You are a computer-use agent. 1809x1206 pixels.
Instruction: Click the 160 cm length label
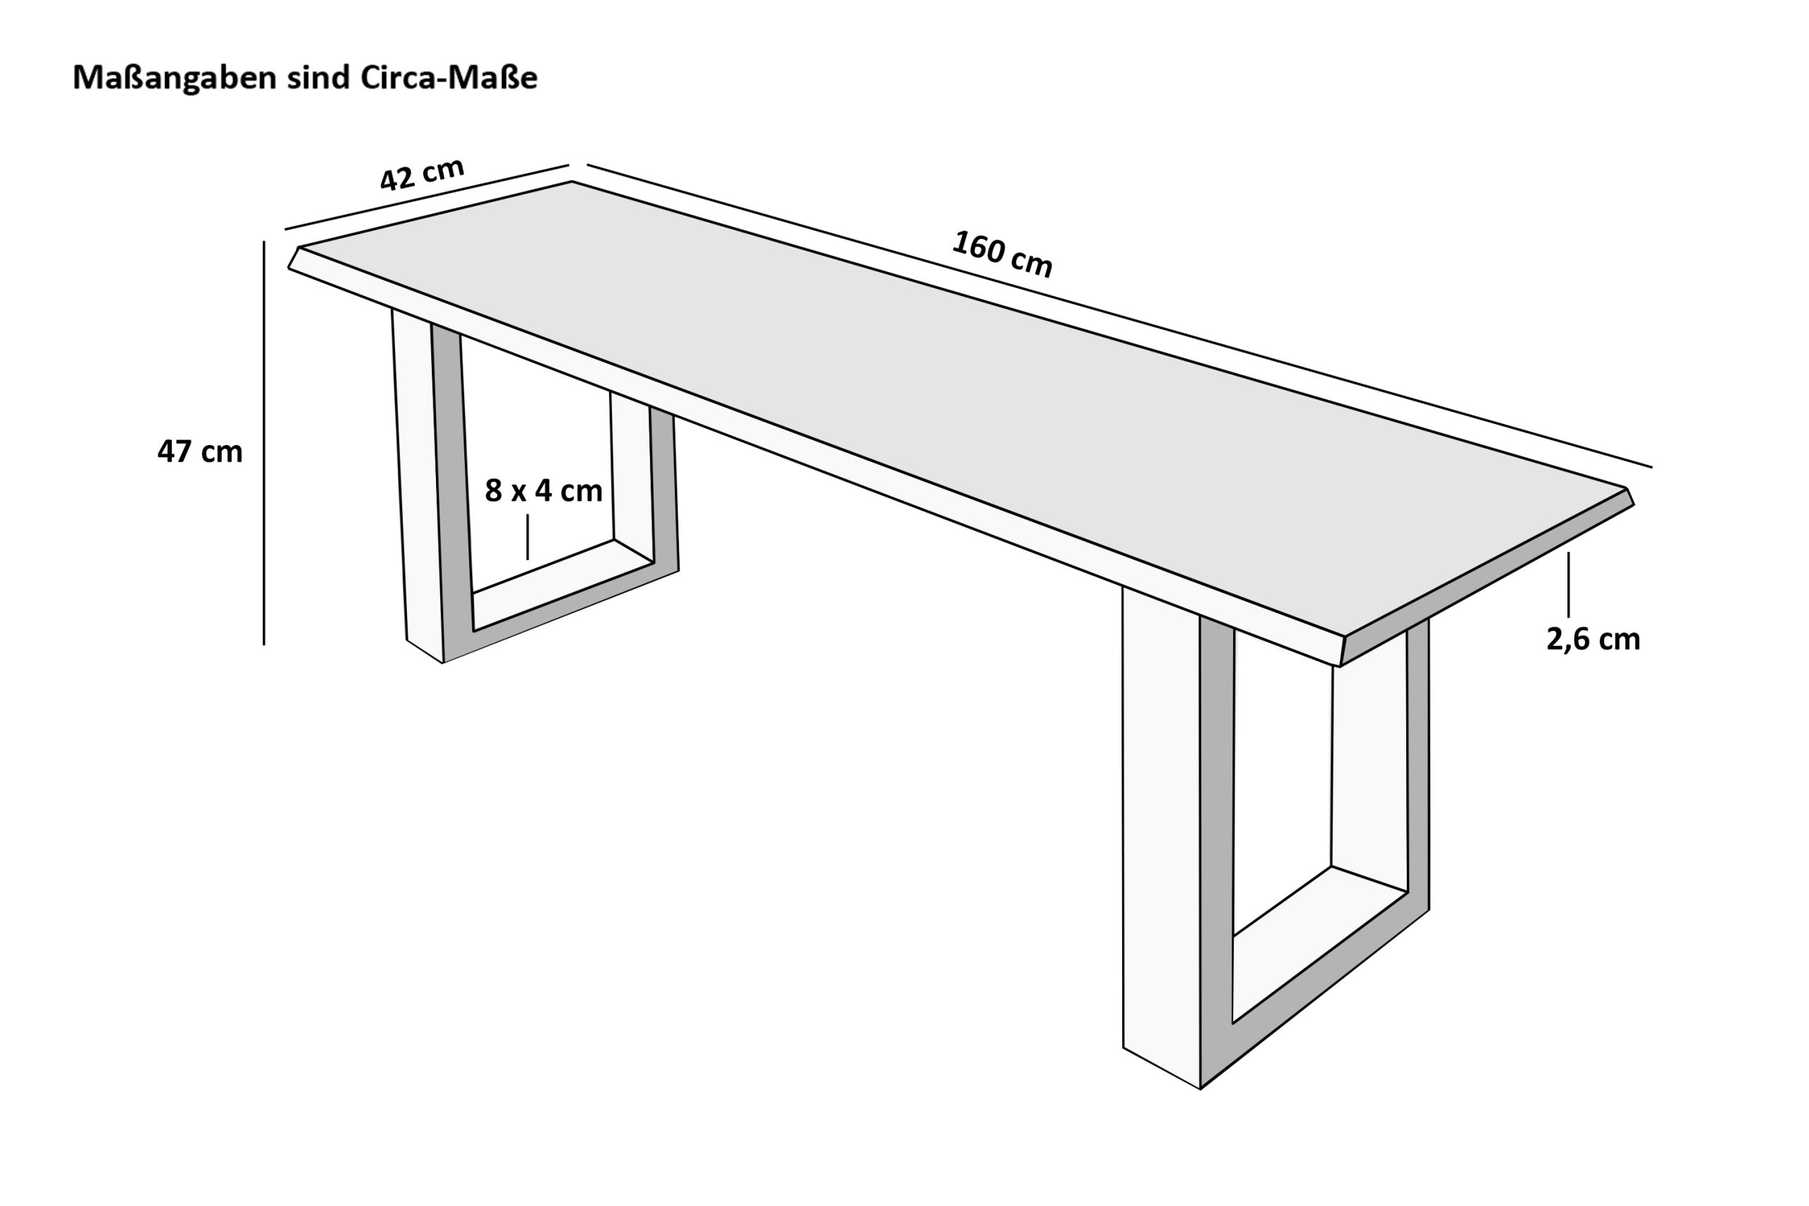click(1001, 254)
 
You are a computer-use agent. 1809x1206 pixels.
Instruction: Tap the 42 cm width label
click(423, 175)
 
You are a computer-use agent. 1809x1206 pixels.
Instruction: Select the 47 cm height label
click(200, 451)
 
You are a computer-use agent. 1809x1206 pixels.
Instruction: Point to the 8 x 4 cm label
click(543, 491)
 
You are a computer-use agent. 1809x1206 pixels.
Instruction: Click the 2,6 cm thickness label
click(1593, 639)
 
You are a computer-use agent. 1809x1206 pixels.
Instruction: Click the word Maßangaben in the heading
click(174, 78)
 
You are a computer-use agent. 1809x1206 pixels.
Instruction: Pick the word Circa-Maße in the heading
click(449, 78)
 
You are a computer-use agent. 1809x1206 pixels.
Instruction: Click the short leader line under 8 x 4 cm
click(528, 537)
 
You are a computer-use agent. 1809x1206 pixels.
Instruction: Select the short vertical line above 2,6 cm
click(1568, 584)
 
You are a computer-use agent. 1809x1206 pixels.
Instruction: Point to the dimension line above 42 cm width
click(427, 197)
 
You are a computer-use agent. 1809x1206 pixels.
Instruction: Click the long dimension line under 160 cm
click(1119, 316)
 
